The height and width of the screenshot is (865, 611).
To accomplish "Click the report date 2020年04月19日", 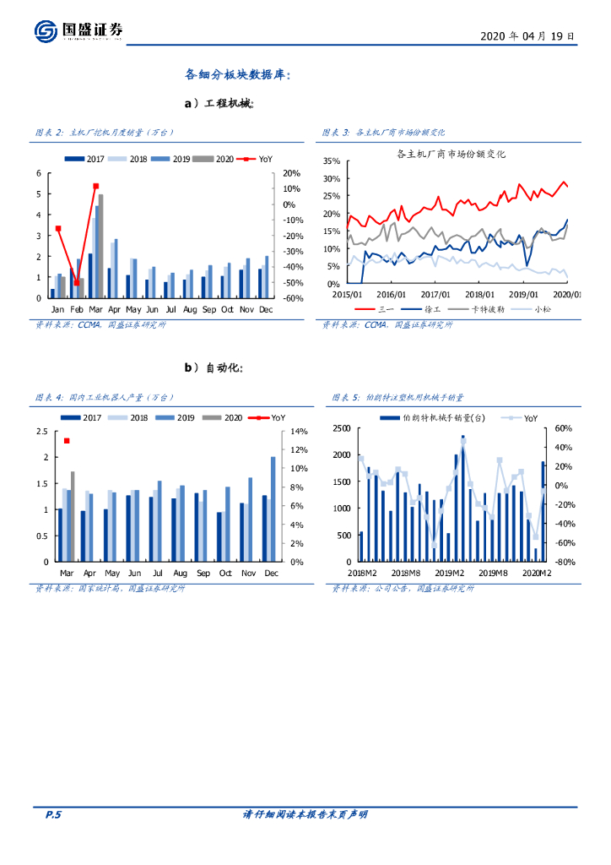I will pyautogui.click(x=527, y=37).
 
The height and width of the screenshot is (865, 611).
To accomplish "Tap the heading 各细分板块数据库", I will pyautogui.click(x=238, y=74).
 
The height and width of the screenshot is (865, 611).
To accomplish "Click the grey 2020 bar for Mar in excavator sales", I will pyautogui.click(x=101, y=245).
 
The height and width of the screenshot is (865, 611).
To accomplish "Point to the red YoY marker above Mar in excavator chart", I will pyautogui.click(x=96, y=186).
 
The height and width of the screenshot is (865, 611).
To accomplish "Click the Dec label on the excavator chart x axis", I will pyautogui.click(x=267, y=310).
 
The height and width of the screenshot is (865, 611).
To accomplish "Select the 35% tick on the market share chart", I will pyautogui.click(x=330, y=160).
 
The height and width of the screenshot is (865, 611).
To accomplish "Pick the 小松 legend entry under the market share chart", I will pyautogui.click(x=543, y=309).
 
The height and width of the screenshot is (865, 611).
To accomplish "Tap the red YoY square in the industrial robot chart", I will pyautogui.click(x=67, y=441).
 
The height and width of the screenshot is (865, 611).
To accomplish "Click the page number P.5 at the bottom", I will pyautogui.click(x=53, y=814).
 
